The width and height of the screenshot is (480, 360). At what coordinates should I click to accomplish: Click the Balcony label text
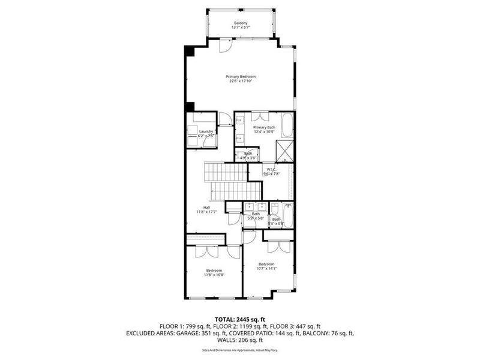pyautogui.click(x=241, y=23)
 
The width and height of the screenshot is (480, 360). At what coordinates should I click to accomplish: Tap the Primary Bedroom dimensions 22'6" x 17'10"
pyautogui.click(x=241, y=81)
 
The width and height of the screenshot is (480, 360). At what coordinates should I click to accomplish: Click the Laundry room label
pyautogui.click(x=206, y=131)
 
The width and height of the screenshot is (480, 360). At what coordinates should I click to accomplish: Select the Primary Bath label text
pyautogui.click(x=264, y=127)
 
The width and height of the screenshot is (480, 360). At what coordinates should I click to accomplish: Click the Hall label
pyautogui.click(x=206, y=208)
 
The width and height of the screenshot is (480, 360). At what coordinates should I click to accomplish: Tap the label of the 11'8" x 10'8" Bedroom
pyautogui.click(x=214, y=270)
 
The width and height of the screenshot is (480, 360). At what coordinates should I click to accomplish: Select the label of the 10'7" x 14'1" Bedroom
pyautogui.click(x=266, y=264)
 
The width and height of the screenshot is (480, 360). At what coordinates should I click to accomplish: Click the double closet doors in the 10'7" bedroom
pyautogui.click(x=280, y=246)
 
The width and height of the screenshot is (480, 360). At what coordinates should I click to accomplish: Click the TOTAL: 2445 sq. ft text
pyautogui.click(x=240, y=319)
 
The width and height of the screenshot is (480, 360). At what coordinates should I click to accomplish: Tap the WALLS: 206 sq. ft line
pyautogui.click(x=240, y=340)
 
